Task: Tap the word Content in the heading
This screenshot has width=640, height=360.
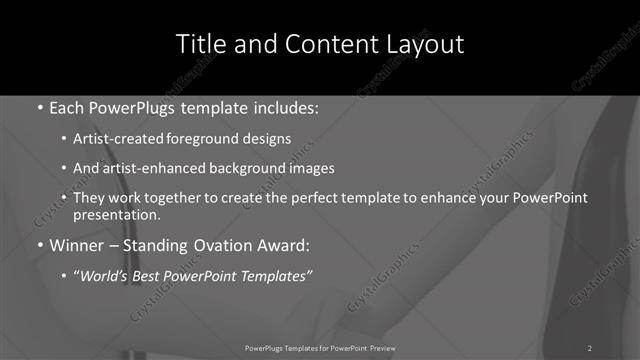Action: click(x=324, y=44)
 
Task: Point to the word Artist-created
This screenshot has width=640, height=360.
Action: click(x=111, y=139)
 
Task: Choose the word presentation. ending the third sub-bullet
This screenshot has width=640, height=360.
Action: click(x=116, y=214)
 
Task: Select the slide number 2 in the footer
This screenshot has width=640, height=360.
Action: click(x=590, y=347)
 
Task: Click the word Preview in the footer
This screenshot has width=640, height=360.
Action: click(x=379, y=347)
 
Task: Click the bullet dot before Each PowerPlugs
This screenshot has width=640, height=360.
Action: click(x=39, y=107)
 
